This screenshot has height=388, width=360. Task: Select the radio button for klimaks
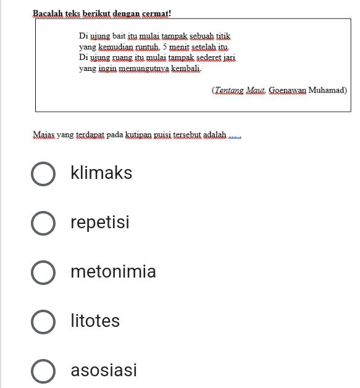coord(43,174)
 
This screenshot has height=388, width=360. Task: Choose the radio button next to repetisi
coord(43,223)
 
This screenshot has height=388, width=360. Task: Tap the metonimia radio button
coord(43,273)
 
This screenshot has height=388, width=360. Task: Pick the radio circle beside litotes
coord(43,322)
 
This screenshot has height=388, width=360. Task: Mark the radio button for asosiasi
coord(43,371)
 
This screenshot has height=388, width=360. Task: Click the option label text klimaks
coord(101,173)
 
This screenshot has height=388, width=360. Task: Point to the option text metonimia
coord(113,272)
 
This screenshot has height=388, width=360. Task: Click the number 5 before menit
coord(165,47)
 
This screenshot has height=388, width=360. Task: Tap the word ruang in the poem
coord(125,58)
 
